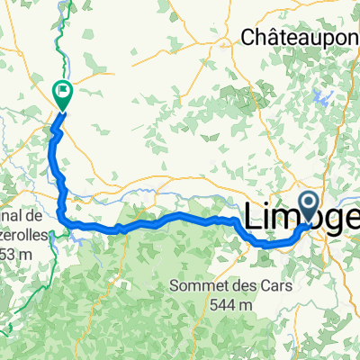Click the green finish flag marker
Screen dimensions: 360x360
(x=64, y=91)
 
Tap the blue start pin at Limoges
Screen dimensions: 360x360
(x=310, y=206)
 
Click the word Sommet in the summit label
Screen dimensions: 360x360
(x=198, y=287)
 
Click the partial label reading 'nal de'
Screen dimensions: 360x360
(x=21, y=217)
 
